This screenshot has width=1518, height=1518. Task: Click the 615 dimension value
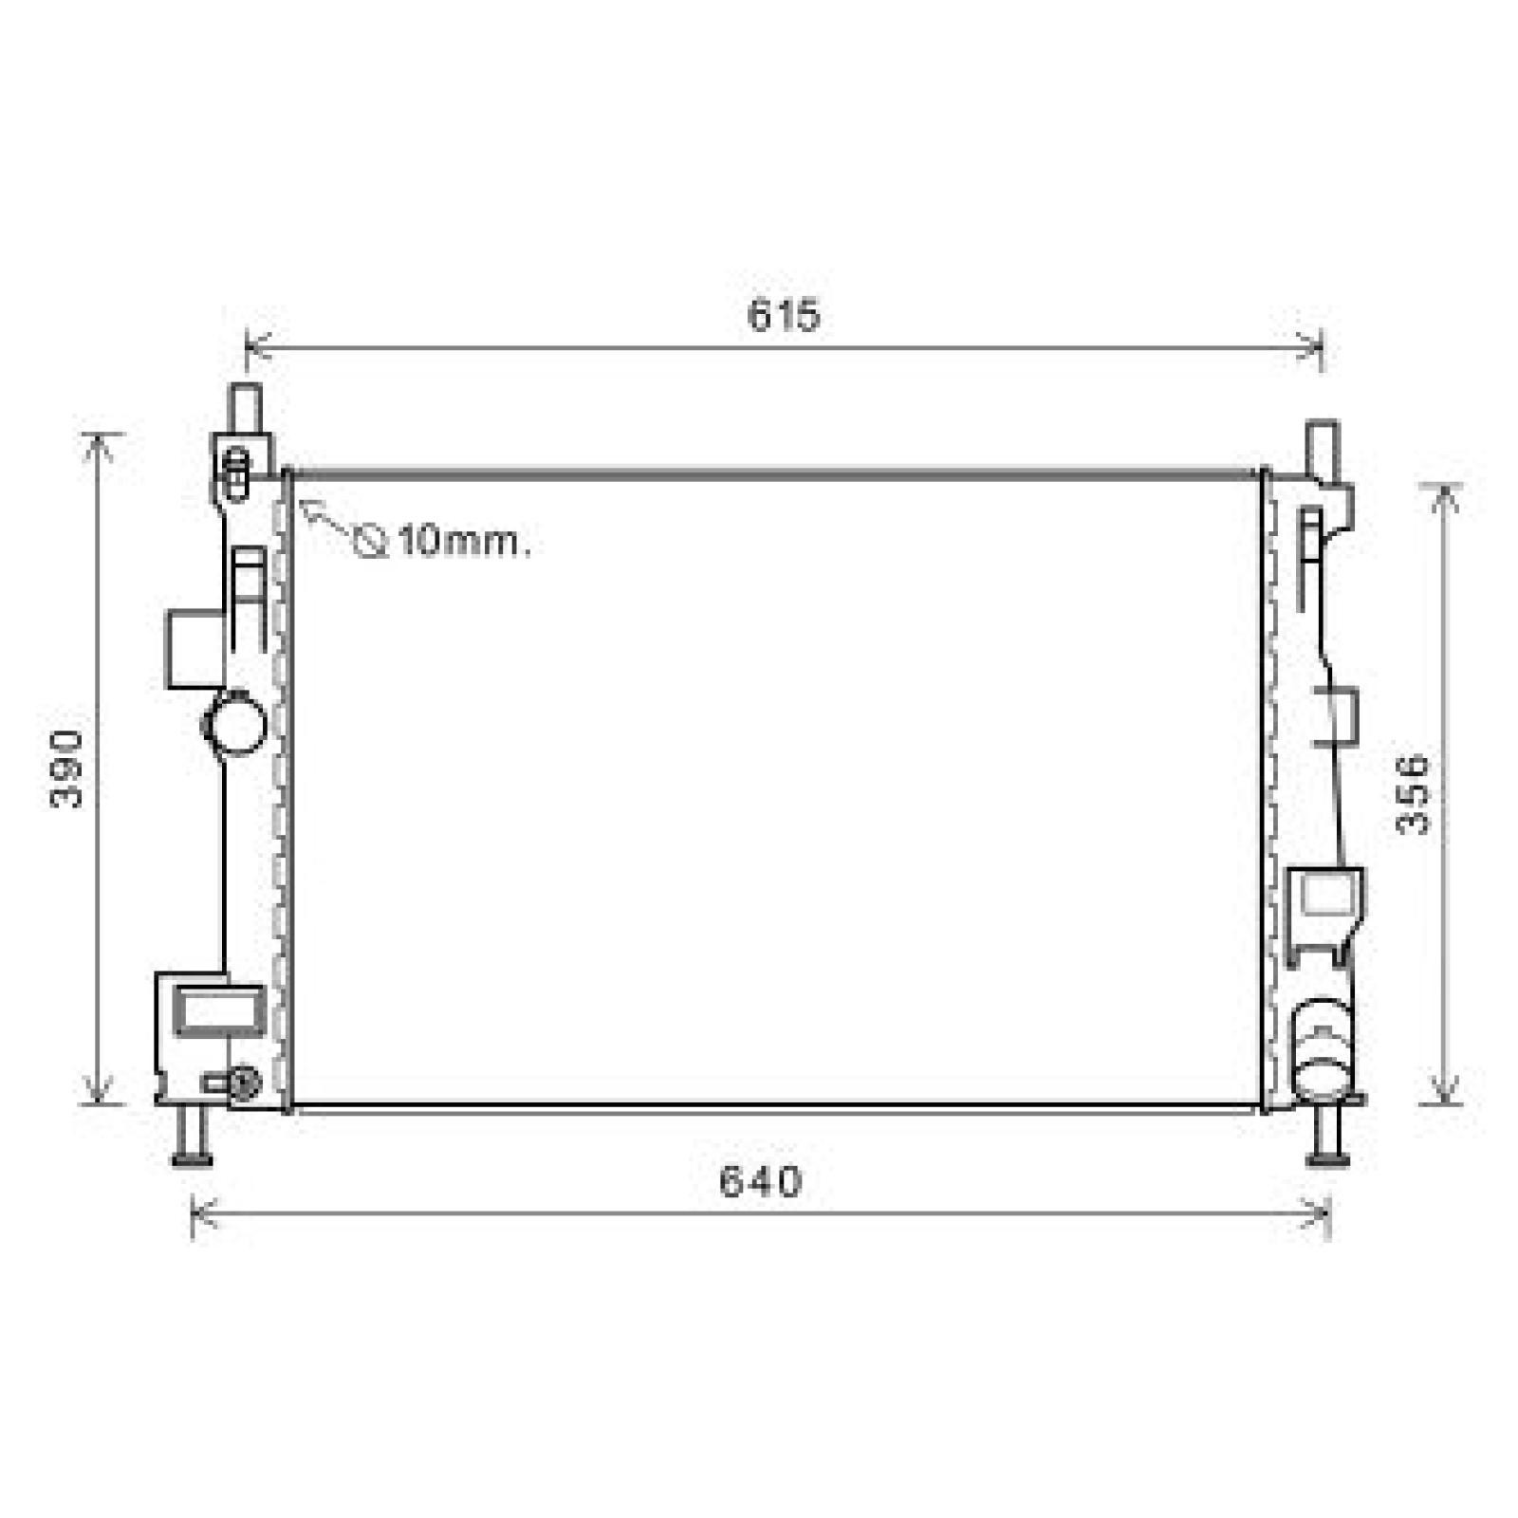[783, 316]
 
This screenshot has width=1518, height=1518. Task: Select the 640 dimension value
[761, 1181]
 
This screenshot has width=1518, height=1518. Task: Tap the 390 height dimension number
[66, 769]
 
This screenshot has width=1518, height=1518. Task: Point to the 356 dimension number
[1413, 794]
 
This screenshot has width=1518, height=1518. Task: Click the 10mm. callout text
[464, 542]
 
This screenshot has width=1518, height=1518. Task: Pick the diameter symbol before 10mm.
[369, 542]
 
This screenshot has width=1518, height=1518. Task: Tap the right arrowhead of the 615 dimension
[1308, 347]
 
